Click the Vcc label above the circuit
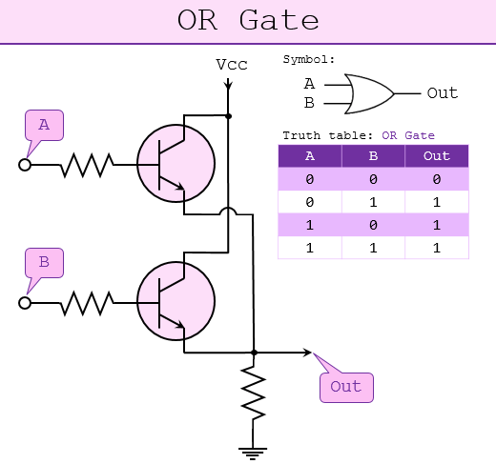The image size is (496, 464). click(x=232, y=65)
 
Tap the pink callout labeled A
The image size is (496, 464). click(x=44, y=125)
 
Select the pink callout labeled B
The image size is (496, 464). click(x=44, y=263)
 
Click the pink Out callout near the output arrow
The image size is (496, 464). click(x=346, y=388)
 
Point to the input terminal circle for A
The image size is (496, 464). click(x=25, y=165)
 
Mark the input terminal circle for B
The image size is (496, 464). click(x=25, y=303)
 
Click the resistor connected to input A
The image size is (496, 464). click(x=87, y=165)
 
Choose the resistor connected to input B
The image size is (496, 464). click(x=87, y=303)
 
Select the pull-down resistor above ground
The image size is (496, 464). click(x=253, y=393)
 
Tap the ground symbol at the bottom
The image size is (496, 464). click(x=253, y=454)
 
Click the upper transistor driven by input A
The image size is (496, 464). click(x=176, y=163)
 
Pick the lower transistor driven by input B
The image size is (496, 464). click(x=176, y=301)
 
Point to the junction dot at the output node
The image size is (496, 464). click(x=254, y=353)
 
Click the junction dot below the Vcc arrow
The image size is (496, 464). click(x=228, y=116)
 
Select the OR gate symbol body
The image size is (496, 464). click(x=369, y=94)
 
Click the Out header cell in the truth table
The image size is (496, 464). click(x=437, y=156)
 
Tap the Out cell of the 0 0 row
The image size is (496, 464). click(x=437, y=179)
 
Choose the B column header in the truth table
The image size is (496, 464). click(x=373, y=156)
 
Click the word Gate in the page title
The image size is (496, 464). click(x=279, y=20)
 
